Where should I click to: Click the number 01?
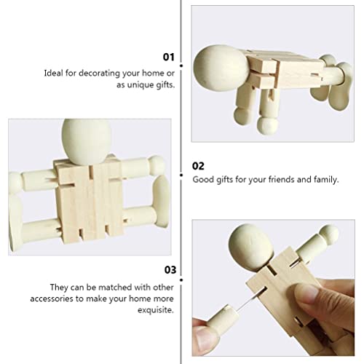click(168, 56)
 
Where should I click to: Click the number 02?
click(198, 166)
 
